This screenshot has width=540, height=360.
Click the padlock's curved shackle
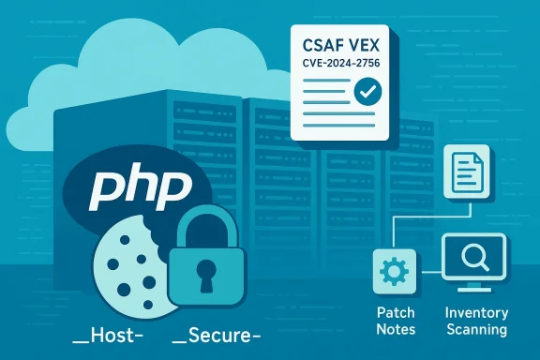pyautogui.click(x=205, y=223)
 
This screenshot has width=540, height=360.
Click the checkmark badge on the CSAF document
pyautogui.click(x=367, y=92)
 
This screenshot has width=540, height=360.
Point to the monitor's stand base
pyautogui.click(x=473, y=289)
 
